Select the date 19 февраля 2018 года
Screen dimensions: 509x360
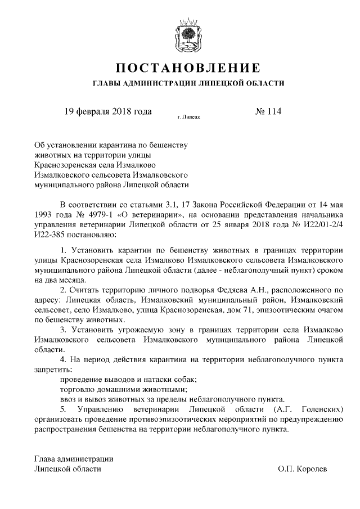[107, 111]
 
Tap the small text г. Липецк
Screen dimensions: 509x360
[188, 119]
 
